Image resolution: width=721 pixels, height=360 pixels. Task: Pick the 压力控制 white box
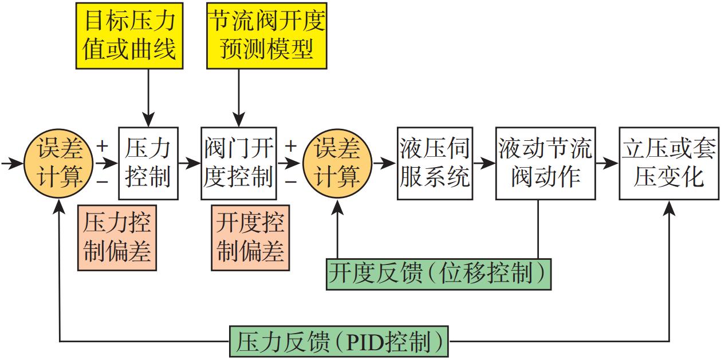(148, 163)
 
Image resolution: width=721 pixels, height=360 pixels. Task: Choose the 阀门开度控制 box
(238, 163)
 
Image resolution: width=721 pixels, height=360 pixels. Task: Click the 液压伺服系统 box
(435, 163)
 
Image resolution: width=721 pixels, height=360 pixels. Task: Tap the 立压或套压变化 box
(668, 163)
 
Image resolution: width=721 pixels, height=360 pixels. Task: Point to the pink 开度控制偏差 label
(250, 238)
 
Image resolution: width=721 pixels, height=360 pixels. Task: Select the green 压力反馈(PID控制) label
(339, 342)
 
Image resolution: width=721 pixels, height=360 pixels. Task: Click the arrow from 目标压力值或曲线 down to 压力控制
(148, 97)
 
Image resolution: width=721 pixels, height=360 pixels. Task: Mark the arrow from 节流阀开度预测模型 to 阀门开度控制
(237, 97)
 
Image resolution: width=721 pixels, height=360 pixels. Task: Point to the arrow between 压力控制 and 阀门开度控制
(190, 164)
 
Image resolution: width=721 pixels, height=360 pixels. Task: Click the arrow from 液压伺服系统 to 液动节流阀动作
(484, 164)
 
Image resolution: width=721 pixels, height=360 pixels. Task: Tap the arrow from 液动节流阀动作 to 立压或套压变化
(606, 164)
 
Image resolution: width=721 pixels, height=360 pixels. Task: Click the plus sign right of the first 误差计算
(103, 146)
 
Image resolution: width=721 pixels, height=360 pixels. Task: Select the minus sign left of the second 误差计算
(290, 182)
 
